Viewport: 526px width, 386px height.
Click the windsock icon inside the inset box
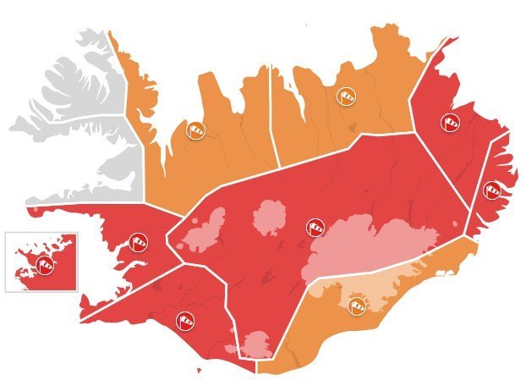point(43,265)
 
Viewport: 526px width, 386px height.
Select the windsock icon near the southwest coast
point(186,319)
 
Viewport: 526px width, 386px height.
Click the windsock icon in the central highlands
point(315,227)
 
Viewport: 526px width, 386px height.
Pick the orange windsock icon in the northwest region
point(196,130)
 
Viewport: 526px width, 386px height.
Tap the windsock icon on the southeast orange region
point(358,302)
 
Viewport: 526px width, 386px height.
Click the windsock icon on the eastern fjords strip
point(490,190)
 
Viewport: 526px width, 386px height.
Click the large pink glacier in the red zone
point(372,241)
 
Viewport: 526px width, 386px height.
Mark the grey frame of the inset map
point(6,262)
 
